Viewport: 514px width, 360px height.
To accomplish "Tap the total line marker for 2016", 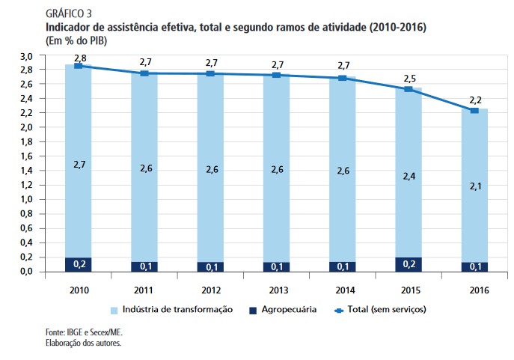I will [x=474, y=111].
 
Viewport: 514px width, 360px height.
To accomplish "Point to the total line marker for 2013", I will [x=276, y=75].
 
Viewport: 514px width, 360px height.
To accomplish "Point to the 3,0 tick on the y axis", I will [x=26, y=56].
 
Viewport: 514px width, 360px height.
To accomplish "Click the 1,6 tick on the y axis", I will [x=26, y=156].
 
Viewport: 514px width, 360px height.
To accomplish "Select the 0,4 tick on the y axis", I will [x=26, y=242].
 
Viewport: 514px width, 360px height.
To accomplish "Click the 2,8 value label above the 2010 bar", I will [x=79, y=58].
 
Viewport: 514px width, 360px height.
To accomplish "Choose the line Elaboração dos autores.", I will [x=83, y=343].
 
